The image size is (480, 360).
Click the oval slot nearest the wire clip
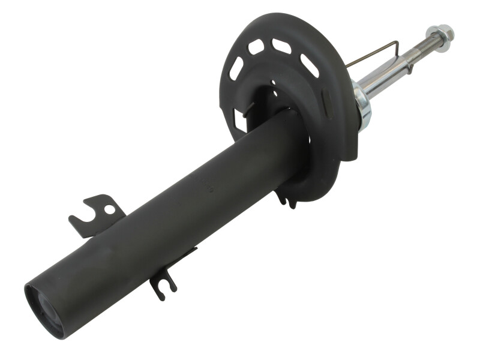click(309, 65)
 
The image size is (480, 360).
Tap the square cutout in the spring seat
click(239, 121)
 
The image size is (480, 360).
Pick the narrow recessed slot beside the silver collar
click(328, 103)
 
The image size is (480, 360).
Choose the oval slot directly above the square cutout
click(236, 68)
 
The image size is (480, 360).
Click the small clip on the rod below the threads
click(409, 67)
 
